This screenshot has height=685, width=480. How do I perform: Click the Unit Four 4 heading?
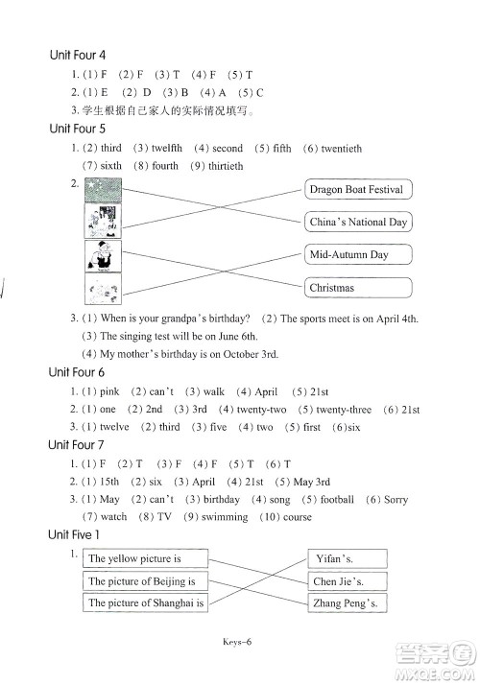[78, 55]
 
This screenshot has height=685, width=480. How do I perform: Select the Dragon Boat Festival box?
[358, 189]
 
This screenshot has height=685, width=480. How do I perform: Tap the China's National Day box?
[358, 222]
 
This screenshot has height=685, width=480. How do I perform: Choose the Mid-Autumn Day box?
[358, 254]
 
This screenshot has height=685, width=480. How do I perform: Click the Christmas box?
[358, 288]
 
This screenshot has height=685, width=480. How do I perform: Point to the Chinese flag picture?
[103, 190]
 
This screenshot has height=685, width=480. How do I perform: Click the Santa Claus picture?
[103, 255]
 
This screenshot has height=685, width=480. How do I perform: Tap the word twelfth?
[166, 148]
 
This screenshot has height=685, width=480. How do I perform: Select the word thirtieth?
[226, 166]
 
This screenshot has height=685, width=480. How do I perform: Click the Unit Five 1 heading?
[74, 534]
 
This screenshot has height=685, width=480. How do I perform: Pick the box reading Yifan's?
[348, 558]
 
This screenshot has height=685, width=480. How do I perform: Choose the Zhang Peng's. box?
[348, 602]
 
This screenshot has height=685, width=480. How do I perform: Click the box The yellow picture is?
[145, 558]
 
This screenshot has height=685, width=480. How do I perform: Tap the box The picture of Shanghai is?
[145, 602]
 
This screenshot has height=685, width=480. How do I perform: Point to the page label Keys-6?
[237, 642]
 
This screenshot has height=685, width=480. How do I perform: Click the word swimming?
[225, 517]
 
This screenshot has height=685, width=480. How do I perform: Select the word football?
[337, 499]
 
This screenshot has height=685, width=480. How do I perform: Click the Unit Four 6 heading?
[77, 372]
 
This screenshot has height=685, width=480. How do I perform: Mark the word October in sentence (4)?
[240, 354]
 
